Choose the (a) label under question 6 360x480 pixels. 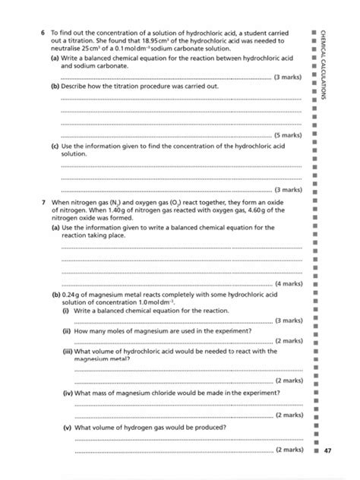pyautogui.click(x=55, y=58)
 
